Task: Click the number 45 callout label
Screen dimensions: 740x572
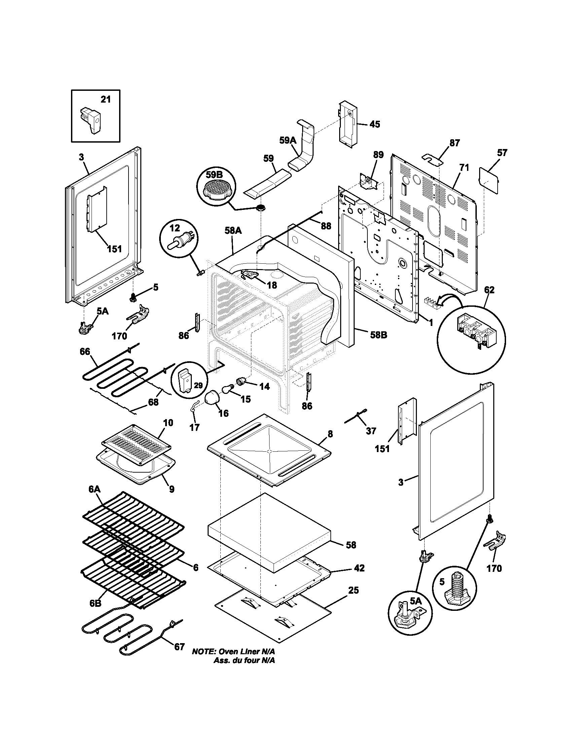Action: pyautogui.click(x=374, y=124)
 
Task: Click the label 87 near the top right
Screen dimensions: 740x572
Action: pyautogui.click(x=455, y=143)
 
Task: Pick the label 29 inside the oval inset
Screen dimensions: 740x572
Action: pyautogui.click(x=198, y=385)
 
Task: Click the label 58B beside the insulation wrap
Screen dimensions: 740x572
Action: pyautogui.click(x=379, y=335)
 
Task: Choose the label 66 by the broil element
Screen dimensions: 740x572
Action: pyautogui.click(x=85, y=351)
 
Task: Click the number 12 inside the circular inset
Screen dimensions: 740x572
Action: pyautogui.click(x=175, y=228)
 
